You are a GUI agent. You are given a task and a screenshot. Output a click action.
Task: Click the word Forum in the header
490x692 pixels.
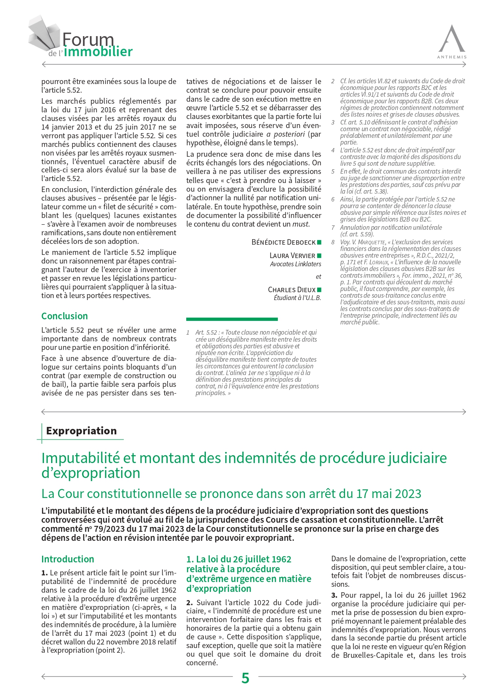pyautogui.click(x=88, y=40)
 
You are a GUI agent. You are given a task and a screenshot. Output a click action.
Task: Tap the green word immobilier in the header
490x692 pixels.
pyautogui.click(x=98, y=52)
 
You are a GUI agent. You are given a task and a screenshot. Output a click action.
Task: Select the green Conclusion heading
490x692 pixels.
pyautogui.click(x=64, y=316)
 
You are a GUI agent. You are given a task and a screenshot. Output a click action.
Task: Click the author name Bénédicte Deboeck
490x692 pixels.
pyautogui.click(x=283, y=242)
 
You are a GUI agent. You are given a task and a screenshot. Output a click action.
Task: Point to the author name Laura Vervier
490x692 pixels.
pyautogui.click(x=292, y=256)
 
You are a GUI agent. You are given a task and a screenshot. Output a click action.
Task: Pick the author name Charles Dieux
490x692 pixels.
pyautogui.click(x=292, y=289)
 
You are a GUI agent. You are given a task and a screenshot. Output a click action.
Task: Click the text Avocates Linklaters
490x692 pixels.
pyautogui.click(x=295, y=264)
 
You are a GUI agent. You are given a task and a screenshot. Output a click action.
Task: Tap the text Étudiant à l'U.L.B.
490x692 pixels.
pyautogui.click(x=297, y=298)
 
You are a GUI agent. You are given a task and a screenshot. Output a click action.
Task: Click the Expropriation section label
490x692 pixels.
pyautogui.click(x=81, y=431)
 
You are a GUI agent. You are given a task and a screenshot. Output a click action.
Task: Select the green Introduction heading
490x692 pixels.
pyautogui.click(x=68, y=559)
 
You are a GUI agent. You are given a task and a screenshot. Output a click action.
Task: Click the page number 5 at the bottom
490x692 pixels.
pyautogui.click(x=245, y=678)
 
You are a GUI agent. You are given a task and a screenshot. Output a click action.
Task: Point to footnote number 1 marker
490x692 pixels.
pyautogui.click(x=188, y=333)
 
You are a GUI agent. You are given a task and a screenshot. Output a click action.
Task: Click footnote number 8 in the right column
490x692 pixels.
pyautogui.click(x=333, y=242)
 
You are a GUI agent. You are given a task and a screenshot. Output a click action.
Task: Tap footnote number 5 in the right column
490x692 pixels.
pyautogui.click(x=333, y=172)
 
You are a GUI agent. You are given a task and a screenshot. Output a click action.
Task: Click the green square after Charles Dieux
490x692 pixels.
pyautogui.click(x=319, y=289)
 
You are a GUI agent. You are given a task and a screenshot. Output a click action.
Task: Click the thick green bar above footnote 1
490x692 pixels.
pyautogui.click(x=232, y=319)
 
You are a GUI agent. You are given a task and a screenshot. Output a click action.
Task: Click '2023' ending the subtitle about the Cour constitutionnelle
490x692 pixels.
pyautogui.click(x=408, y=494)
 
